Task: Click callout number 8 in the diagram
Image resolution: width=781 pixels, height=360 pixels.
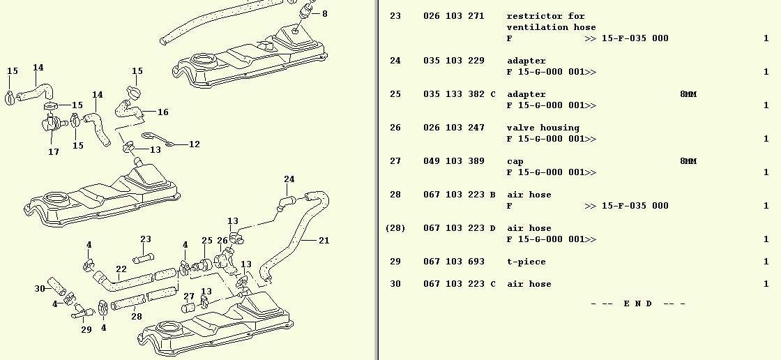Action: pyautogui.click(x=324, y=14)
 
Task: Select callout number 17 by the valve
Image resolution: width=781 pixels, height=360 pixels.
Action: pyautogui.click(x=54, y=151)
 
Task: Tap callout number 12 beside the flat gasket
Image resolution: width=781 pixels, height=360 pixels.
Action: pyautogui.click(x=195, y=144)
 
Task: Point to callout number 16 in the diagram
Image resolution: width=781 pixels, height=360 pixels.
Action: pyautogui.click(x=162, y=112)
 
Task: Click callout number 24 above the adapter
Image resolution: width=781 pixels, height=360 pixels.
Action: pyautogui.click(x=289, y=179)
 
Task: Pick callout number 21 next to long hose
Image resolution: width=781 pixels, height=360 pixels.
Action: pyautogui.click(x=324, y=241)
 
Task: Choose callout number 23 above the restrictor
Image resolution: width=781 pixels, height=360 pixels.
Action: pyautogui.click(x=146, y=239)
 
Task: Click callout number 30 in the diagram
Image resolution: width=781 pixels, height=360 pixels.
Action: pyautogui.click(x=40, y=288)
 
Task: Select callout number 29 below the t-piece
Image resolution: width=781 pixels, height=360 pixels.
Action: pyautogui.click(x=86, y=329)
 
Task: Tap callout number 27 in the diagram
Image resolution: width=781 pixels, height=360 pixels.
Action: pyautogui.click(x=189, y=297)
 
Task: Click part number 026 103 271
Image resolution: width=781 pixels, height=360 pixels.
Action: pyautogui.click(x=453, y=16)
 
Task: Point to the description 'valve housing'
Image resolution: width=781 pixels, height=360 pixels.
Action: pyautogui.click(x=543, y=128)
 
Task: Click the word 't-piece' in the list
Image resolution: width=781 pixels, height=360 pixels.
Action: pyautogui.click(x=526, y=262)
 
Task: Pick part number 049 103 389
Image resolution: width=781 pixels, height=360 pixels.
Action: pyautogui.click(x=453, y=161)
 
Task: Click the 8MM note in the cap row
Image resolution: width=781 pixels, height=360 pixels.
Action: pyautogui.click(x=688, y=161)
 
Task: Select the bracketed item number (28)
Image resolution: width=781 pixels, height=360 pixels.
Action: pyautogui.click(x=395, y=228)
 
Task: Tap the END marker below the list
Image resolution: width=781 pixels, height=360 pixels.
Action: pyautogui.click(x=637, y=303)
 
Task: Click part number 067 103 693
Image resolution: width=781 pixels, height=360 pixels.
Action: pyautogui.click(x=453, y=262)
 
